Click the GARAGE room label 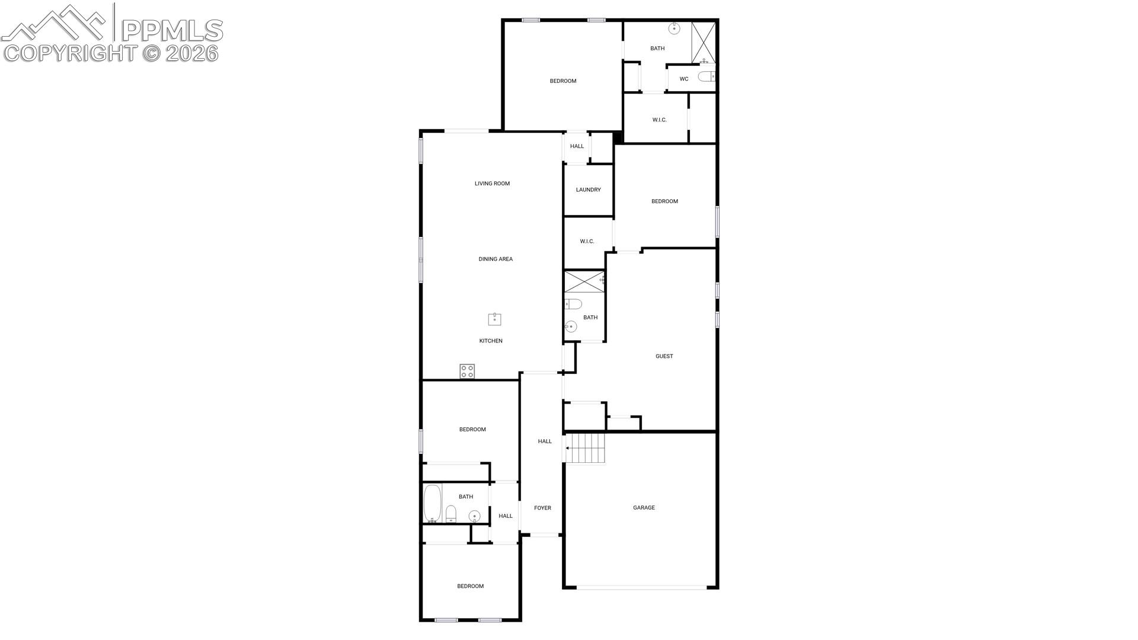[644, 508]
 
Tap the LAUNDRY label [588, 190]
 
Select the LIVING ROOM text [492, 184]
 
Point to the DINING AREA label [496, 259]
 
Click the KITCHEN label [491, 341]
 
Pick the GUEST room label [664, 356]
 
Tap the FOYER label [542, 508]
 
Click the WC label [684, 79]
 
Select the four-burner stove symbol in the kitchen [467, 372]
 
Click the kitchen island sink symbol [494, 319]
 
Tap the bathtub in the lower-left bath [433, 504]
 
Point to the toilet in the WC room [707, 76]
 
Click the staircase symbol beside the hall [586, 449]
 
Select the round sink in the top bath [674, 28]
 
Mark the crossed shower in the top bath [704, 43]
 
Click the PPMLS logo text [172, 30]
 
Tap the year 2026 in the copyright [192, 53]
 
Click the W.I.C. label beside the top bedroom [659, 120]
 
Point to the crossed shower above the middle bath [584, 281]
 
